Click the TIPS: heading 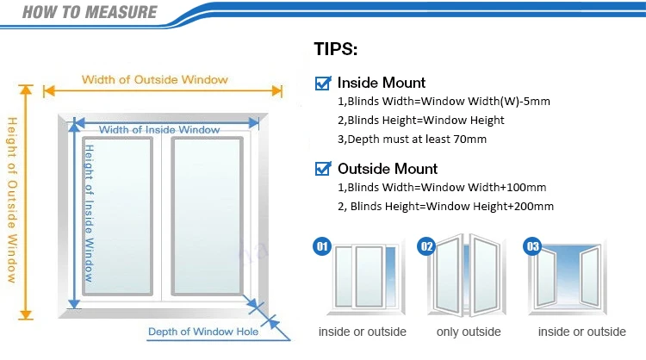tap(338, 49)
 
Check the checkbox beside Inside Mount tap(324, 84)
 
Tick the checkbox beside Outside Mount tap(324, 169)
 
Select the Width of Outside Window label tap(155, 80)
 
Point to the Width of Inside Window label tap(159, 130)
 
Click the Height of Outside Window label tap(12, 199)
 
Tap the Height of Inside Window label tap(88, 206)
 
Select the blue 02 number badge tap(426, 246)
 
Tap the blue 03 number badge tap(532, 247)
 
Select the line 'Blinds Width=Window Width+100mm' tap(441, 187)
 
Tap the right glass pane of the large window tap(207, 208)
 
